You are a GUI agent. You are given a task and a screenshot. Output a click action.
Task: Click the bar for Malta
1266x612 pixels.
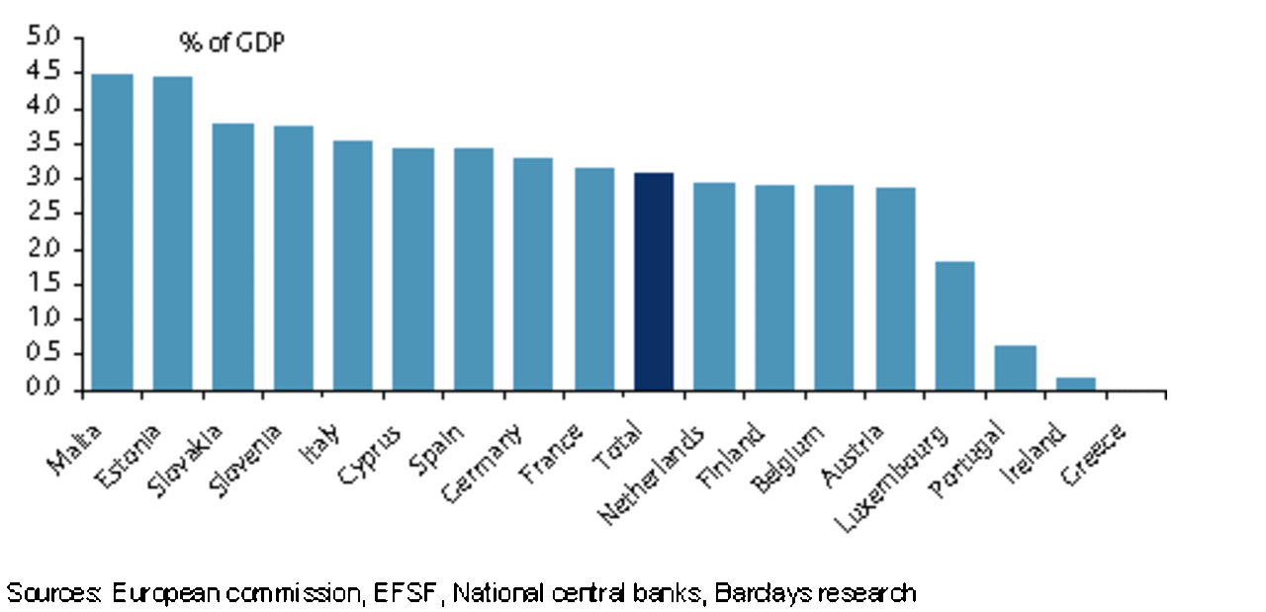coord(112,232)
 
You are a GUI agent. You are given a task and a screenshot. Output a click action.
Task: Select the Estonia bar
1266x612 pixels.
coord(172,233)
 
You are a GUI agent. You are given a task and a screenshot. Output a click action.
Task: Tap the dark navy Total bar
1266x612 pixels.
coord(654,282)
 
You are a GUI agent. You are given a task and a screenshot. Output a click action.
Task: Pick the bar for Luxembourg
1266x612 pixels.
coord(954,326)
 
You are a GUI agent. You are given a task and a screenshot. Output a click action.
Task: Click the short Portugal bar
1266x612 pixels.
coord(1015,368)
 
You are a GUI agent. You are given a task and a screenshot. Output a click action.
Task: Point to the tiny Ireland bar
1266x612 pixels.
coord(1075,384)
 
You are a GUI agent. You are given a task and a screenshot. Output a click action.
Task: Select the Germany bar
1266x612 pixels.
coord(533,274)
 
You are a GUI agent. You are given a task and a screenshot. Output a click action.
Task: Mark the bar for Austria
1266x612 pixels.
coord(895,289)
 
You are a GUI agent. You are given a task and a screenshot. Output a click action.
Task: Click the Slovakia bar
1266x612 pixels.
coord(232,257)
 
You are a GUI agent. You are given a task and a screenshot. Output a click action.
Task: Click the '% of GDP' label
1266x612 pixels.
coord(231,44)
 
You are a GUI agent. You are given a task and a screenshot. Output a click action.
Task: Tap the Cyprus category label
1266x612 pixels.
coord(370,455)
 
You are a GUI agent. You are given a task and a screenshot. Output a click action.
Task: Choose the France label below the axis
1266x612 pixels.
coord(551,455)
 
